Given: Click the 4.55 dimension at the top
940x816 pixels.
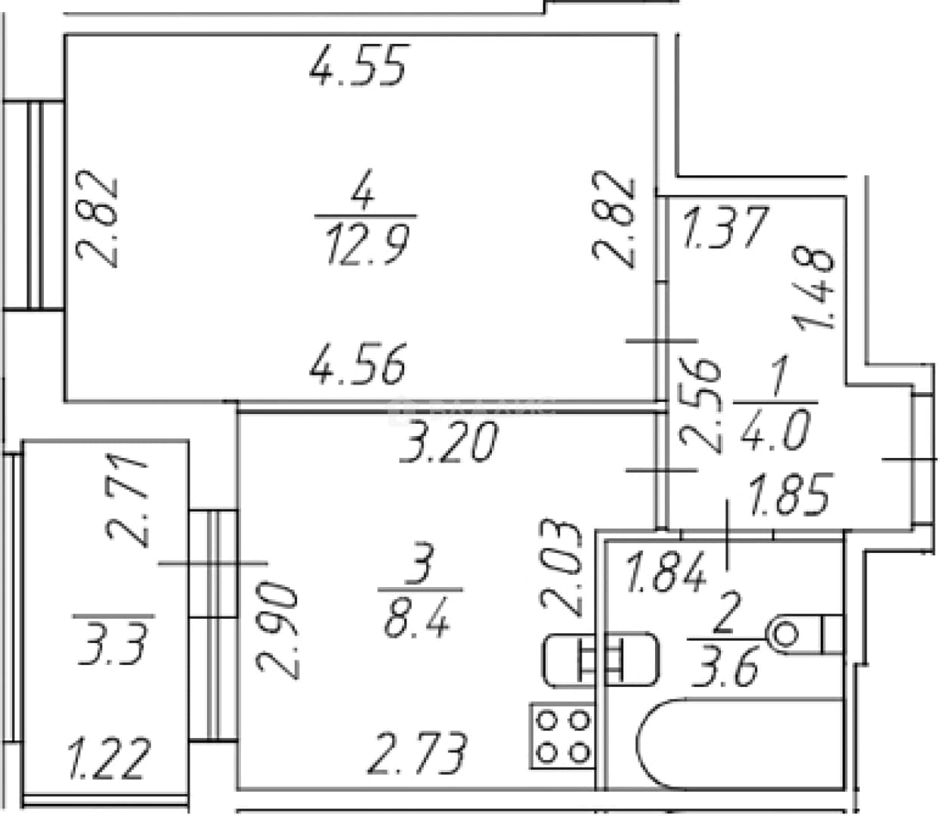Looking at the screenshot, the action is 358,65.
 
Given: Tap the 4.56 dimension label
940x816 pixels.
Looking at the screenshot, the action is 358,363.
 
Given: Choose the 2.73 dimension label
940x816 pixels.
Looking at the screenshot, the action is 417,753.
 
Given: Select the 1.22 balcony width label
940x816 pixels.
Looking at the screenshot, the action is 110,758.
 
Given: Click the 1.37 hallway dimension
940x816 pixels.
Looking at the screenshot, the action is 725,227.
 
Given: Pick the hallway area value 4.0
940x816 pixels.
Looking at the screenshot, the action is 775,429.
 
